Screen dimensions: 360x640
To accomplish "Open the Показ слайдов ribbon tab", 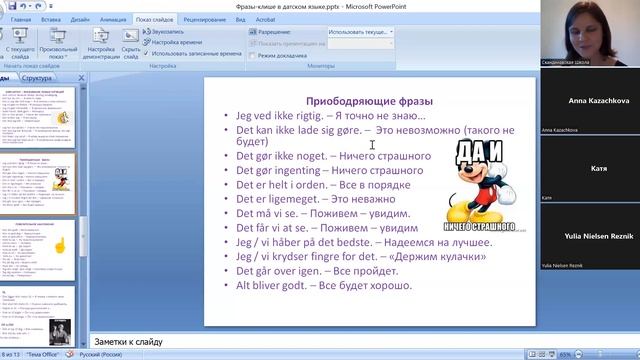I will point(156,19).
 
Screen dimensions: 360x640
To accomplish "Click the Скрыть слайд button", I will point(131,48).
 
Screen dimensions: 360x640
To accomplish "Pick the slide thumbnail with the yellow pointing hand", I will point(40,243).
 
